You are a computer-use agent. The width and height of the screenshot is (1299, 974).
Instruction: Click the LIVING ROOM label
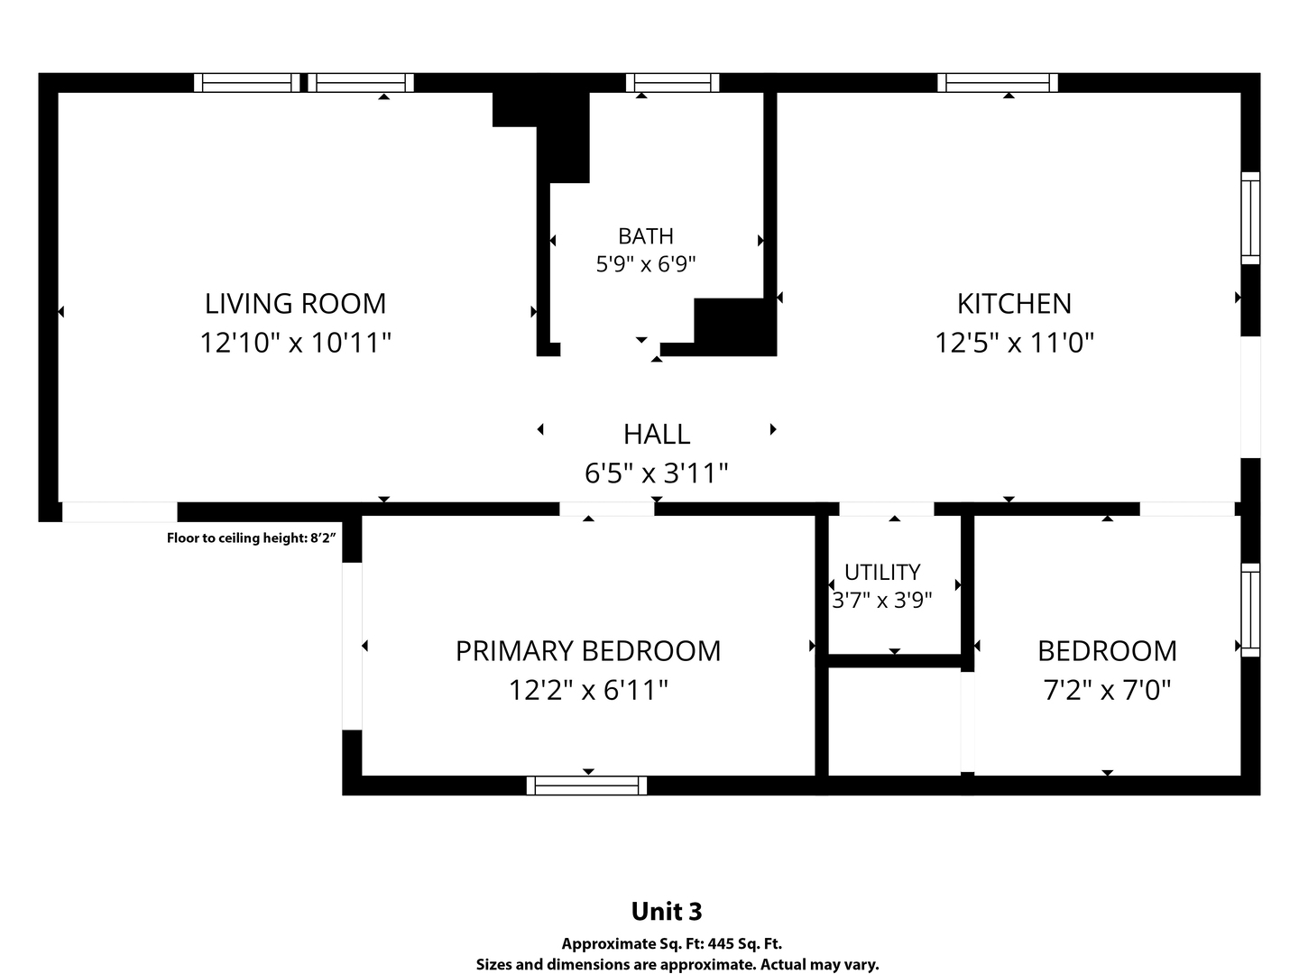coord(295,304)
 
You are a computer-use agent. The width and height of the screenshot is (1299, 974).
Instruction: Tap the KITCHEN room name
coord(1014,304)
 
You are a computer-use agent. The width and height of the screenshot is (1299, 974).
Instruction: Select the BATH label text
coord(646,236)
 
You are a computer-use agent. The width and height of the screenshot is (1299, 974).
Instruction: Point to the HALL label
coord(657,435)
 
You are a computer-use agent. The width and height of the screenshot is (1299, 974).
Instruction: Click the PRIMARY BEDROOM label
coord(587,651)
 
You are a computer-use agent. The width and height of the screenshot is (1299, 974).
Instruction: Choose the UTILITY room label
coord(881,573)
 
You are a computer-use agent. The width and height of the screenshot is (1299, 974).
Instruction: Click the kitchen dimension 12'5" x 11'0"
coord(1014,343)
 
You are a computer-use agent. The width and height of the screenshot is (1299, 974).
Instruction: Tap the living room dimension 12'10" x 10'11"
coord(295,343)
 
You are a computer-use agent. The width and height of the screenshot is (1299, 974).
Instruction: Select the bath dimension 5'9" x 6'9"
coord(646,264)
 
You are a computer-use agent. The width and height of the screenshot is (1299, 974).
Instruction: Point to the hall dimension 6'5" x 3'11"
coord(657,473)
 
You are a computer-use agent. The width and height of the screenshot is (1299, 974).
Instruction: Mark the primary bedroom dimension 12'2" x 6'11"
coord(587,690)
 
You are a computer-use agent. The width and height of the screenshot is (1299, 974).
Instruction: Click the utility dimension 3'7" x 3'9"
coord(881,601)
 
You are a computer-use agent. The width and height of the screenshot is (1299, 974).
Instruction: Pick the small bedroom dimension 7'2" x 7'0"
coord(1107,690)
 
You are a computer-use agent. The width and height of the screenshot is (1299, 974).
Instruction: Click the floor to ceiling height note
coord(251,538)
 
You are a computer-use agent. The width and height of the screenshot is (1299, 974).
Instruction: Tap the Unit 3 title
coord(667,911)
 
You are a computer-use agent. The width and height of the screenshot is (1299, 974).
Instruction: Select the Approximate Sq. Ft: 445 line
coord(672,944)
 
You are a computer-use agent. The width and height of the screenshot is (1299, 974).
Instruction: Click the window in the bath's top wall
coord(672,83)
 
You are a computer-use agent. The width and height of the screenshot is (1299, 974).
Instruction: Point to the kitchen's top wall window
coord(997,83)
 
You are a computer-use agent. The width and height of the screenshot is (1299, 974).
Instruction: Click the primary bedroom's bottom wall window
coord(586,786)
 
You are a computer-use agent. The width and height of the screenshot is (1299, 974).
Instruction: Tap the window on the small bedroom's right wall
coord(1250,611)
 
